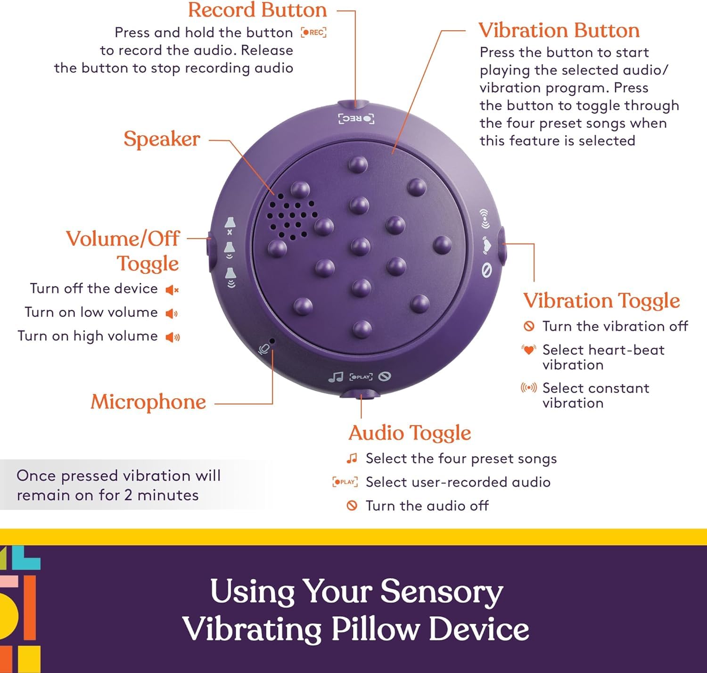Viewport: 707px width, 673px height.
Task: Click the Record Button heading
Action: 257,10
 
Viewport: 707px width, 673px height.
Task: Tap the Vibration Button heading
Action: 559,31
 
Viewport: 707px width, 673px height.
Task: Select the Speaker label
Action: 162,139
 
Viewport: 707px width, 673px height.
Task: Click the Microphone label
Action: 148,402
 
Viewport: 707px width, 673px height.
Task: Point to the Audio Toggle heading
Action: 410,433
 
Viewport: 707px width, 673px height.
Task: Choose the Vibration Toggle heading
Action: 601,301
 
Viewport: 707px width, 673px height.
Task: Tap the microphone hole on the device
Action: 272,341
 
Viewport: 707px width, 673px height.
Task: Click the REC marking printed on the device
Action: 356,118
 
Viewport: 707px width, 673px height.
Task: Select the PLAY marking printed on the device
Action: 361,377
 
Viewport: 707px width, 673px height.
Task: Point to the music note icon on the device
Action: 335,377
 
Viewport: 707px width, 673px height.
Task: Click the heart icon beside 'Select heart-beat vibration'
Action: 529,350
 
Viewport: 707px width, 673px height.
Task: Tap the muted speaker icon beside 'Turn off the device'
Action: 172,290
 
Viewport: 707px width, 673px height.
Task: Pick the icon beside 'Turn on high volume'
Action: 173,337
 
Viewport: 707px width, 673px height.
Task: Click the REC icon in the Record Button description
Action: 314,33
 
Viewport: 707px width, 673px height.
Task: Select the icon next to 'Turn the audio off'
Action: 352,506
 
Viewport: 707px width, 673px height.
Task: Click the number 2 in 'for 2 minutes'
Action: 128,495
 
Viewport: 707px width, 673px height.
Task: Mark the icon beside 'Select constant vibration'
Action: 528,388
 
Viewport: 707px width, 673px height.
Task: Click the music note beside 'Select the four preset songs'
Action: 352,458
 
